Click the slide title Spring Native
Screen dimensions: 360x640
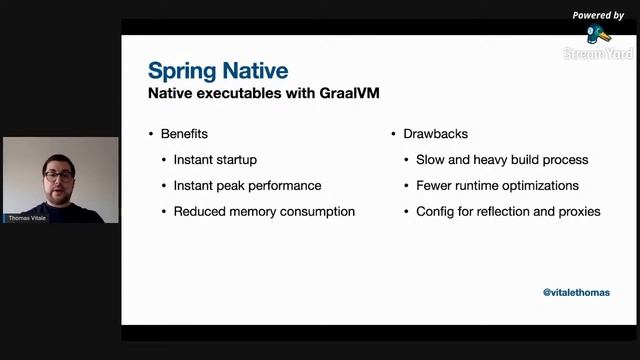pos(218,71)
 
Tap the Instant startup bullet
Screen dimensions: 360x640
pos(215,159)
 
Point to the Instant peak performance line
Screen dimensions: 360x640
pos(247,185)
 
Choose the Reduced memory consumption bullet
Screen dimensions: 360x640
pos(264,211)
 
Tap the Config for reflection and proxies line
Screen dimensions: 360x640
pos(508,211)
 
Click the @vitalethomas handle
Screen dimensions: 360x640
pos(576,292)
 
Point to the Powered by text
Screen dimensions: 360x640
pos(598,15)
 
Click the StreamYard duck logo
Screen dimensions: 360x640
pos(599,34)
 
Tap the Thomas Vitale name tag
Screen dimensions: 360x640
pos(27,217)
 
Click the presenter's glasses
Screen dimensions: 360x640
pos(57,176)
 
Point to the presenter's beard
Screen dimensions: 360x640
pos(58,193)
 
